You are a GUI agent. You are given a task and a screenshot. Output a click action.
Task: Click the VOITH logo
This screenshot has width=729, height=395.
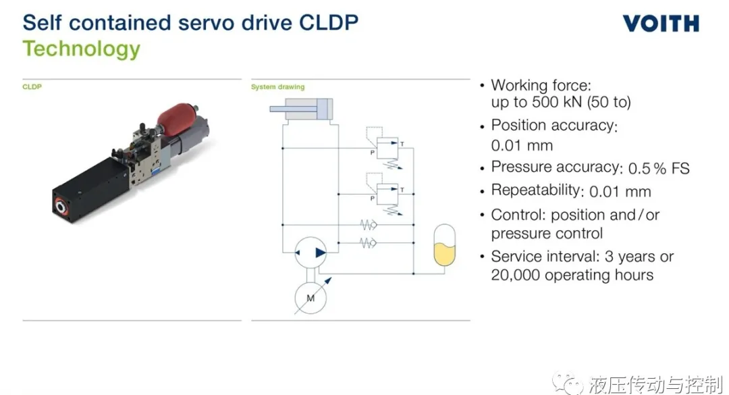pos(661,23)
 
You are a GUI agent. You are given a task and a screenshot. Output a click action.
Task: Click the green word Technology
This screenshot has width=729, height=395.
pos(82,49)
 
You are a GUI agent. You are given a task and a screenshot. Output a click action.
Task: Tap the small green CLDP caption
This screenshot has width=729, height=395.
pos(32,86)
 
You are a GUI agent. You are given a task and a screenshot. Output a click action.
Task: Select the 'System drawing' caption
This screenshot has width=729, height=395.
pos(277,86)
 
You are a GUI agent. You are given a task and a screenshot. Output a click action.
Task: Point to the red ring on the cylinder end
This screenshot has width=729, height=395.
pos(61,206)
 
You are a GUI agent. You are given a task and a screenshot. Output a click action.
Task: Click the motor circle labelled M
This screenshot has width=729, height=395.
pos(310,298)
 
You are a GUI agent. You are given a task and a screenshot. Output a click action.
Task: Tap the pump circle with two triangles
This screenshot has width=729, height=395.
pos(310,253)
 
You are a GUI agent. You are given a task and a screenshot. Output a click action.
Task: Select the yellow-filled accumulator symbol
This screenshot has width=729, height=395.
pos(444,245)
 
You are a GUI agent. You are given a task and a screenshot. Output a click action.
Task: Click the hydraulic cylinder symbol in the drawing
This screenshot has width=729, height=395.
pos(301,109)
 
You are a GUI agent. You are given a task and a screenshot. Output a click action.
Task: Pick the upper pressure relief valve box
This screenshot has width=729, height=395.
pos(387,148)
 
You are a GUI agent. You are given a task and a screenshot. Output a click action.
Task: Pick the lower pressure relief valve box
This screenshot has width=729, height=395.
pos(387,194)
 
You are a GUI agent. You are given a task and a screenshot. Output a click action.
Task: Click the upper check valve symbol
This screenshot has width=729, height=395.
pos(369,225)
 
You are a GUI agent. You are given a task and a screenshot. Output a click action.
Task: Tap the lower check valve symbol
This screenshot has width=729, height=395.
pos(369,243)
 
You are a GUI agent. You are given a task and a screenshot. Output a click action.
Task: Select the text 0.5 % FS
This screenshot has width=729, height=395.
pos(659,168)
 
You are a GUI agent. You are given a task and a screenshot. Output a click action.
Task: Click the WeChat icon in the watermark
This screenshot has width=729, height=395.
pos(567,384)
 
